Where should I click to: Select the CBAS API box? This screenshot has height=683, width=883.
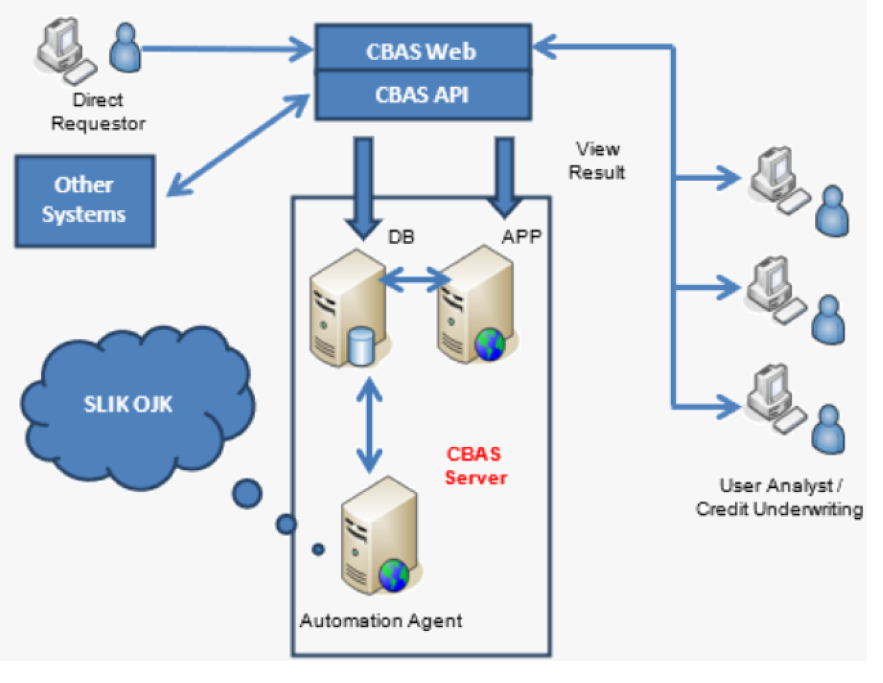point(422,95)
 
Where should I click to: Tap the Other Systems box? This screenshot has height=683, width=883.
point(85,201)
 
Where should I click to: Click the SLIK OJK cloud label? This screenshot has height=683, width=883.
point(128,404)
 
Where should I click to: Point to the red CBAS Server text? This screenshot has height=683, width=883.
point(475,466)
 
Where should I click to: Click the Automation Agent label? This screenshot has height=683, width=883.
point(381,621)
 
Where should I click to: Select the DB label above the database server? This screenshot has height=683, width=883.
point(401,237)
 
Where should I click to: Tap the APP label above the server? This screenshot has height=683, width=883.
point(521,237)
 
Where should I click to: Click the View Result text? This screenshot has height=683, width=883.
point(597,161)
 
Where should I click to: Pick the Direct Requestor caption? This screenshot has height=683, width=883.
point(98,112)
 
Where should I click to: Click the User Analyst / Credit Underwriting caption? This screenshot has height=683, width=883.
point(779,498)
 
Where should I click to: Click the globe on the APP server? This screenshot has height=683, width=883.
point(490,345)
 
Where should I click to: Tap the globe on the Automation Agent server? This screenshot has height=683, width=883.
point(393,575)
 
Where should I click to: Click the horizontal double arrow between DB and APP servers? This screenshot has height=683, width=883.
point(414,279)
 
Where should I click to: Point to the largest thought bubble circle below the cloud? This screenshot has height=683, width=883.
point(247,493)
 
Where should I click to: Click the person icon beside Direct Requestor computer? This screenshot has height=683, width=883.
point(125,49)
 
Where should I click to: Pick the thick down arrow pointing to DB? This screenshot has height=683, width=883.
point(364,186)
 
